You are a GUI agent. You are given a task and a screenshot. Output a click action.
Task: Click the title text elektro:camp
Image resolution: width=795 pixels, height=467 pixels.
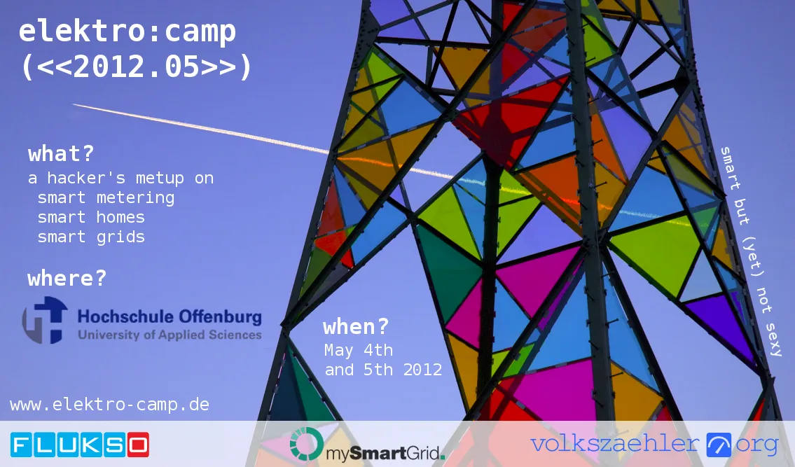pos(127,32)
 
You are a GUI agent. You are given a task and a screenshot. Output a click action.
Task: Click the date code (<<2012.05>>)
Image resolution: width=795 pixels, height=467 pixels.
pos(136,67)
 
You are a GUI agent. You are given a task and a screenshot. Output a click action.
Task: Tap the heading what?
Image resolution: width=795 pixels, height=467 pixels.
pos(61,154)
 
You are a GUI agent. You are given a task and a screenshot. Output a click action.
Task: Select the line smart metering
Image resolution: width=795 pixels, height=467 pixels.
pos(106,197)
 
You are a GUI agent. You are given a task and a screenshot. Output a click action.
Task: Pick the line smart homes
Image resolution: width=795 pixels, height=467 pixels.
pos(91,217)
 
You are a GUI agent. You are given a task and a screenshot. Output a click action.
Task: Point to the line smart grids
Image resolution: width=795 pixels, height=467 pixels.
pos(91,237)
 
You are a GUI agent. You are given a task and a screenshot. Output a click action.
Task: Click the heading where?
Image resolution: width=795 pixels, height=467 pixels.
pos(67,279)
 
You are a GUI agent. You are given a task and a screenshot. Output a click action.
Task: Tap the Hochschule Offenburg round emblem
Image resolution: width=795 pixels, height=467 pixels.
pos(45,320)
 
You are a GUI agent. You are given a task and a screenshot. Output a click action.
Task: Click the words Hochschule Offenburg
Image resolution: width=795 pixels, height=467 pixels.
pos(170,316)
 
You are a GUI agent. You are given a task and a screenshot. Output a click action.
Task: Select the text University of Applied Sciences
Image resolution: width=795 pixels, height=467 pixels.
pos(170,335)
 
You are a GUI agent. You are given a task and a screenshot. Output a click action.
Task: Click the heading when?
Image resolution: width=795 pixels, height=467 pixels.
pos(356,327)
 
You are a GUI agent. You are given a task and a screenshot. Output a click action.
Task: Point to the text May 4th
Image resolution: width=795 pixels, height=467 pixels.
pos(359,349)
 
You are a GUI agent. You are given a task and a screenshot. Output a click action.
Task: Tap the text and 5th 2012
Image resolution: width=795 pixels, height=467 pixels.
pos(383,370)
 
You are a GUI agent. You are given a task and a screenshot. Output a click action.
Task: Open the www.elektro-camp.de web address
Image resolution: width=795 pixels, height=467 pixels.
pos(109,405)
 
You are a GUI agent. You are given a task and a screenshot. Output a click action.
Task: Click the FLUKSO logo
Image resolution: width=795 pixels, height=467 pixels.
pos(80,445)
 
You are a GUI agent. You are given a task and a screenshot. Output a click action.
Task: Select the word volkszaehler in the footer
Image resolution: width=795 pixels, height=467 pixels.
pos(615,444)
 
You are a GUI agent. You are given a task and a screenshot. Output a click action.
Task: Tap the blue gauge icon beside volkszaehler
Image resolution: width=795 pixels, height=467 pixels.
pos(719,445)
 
